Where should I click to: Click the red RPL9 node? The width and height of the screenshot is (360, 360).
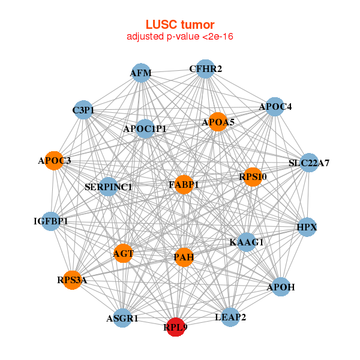(x=175, y=327)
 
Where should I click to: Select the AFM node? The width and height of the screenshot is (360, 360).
(x=141, y=73)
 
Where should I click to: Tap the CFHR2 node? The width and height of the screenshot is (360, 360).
(x=205, y=69)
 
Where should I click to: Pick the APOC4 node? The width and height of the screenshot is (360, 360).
(x=275, y=107)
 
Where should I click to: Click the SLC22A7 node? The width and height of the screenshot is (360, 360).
(x=308, y=163)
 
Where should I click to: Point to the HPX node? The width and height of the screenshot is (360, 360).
(x=307, y=227)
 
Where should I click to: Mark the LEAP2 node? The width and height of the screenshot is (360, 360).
(x=230, y=316)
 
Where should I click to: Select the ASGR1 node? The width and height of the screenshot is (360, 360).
(x=122, y=318)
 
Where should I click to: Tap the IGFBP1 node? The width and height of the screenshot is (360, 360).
(x=51, y=221)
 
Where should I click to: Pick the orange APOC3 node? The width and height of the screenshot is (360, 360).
(x=55, y=161)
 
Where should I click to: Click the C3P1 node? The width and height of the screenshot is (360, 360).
(x=83, y=110)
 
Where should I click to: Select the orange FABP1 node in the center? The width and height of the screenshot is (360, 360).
(x=184, y=184)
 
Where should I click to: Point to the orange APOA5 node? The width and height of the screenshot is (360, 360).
(x=218, y=122)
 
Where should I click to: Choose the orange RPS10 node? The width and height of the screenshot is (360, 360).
(x=253, y=176)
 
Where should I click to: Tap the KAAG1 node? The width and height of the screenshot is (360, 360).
(x=247, y=242)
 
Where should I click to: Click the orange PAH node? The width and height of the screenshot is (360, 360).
(x=184, y=257)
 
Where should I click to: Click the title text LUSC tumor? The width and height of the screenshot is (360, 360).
(x=180, y=25)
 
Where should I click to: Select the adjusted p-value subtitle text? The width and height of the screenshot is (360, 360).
(x=180, y=37)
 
